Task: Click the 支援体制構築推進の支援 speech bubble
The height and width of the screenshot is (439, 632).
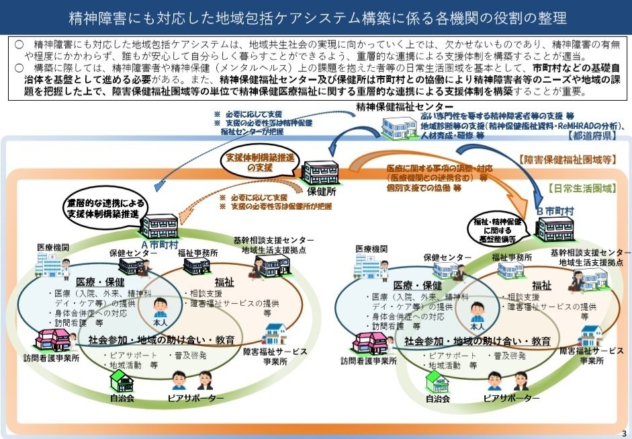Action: coord(259,161)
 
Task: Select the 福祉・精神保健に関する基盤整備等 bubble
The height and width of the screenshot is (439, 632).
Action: coord(498,229)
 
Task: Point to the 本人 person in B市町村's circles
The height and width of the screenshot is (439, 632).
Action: coord(478,313)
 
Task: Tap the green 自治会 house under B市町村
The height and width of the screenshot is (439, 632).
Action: coord(437,381)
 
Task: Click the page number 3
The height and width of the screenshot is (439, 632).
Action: coord(624,432)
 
